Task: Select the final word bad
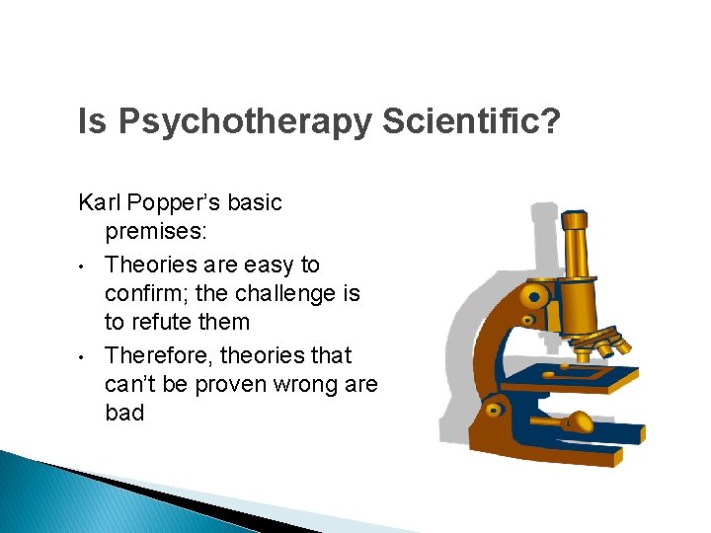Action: point(124,413)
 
